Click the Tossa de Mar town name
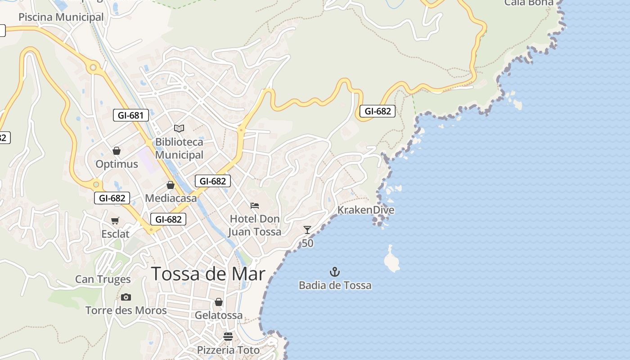click(208, 274)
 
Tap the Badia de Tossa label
click(335, 285)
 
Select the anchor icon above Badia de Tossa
click(335, 272)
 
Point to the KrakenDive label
click(366, 210)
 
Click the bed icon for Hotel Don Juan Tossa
click(255, 206)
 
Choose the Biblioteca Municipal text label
click(179, 148)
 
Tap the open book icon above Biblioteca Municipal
click(179, 129)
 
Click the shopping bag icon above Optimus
click(117, 151)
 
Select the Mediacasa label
click(171, 198)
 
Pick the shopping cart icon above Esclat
click(115, 220)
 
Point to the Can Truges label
click(103, 279)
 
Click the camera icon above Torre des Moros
click(126, 297)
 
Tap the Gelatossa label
click(219, 315)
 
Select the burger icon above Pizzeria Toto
click(228, 337)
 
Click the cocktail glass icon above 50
click(307, 230)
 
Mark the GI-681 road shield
click(130, 115)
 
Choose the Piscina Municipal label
click(61, 17)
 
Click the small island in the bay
click(391, 261)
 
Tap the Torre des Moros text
click(126, 310)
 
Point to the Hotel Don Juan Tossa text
click(255, 225)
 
